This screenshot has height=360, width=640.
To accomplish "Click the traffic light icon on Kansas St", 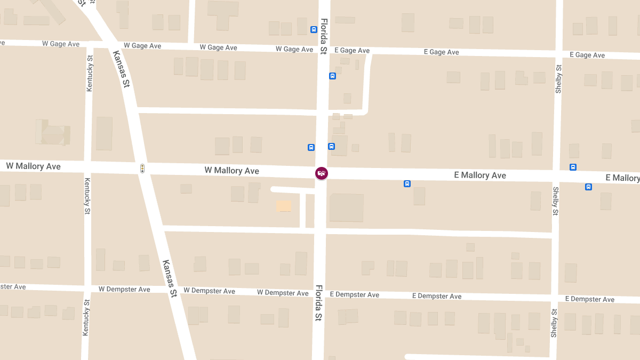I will click(x=142, y=169).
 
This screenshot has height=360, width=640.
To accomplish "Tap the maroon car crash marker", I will click(x=321, y=173).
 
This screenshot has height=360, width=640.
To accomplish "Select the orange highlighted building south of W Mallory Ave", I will click(x=283, y=206).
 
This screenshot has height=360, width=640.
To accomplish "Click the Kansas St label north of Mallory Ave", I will click(x=122, y=69).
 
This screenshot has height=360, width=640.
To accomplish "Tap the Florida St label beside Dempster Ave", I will click(x=318, y=302).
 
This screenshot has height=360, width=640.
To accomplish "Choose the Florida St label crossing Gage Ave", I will click(x=324, y=37).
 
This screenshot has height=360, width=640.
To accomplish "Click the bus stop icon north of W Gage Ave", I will click(x=314, y=29).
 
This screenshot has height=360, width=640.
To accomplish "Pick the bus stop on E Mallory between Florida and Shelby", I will click(x=407, y=184).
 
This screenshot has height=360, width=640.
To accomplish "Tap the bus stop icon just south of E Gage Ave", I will click(x=332, y=76).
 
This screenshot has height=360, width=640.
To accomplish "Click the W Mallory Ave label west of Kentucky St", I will click(x=34, y=166).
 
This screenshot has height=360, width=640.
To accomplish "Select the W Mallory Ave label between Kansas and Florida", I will click(x=232, y=171).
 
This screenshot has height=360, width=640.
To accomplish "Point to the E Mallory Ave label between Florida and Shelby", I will click(x=480, y=175).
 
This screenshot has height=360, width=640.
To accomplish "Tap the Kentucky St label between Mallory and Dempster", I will click(x=87, y=196).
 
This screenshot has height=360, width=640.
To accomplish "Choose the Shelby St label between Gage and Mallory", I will click(x=558, y=79).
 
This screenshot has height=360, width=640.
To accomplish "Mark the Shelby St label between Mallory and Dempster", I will click(x=555, y=201).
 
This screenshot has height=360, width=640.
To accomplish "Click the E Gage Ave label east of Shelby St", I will click(x=587, y=55).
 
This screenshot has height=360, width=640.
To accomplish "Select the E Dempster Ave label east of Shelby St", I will click(x=589, y=299).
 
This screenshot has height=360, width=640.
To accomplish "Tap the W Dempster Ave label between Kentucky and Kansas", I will click(x=124, y=289).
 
